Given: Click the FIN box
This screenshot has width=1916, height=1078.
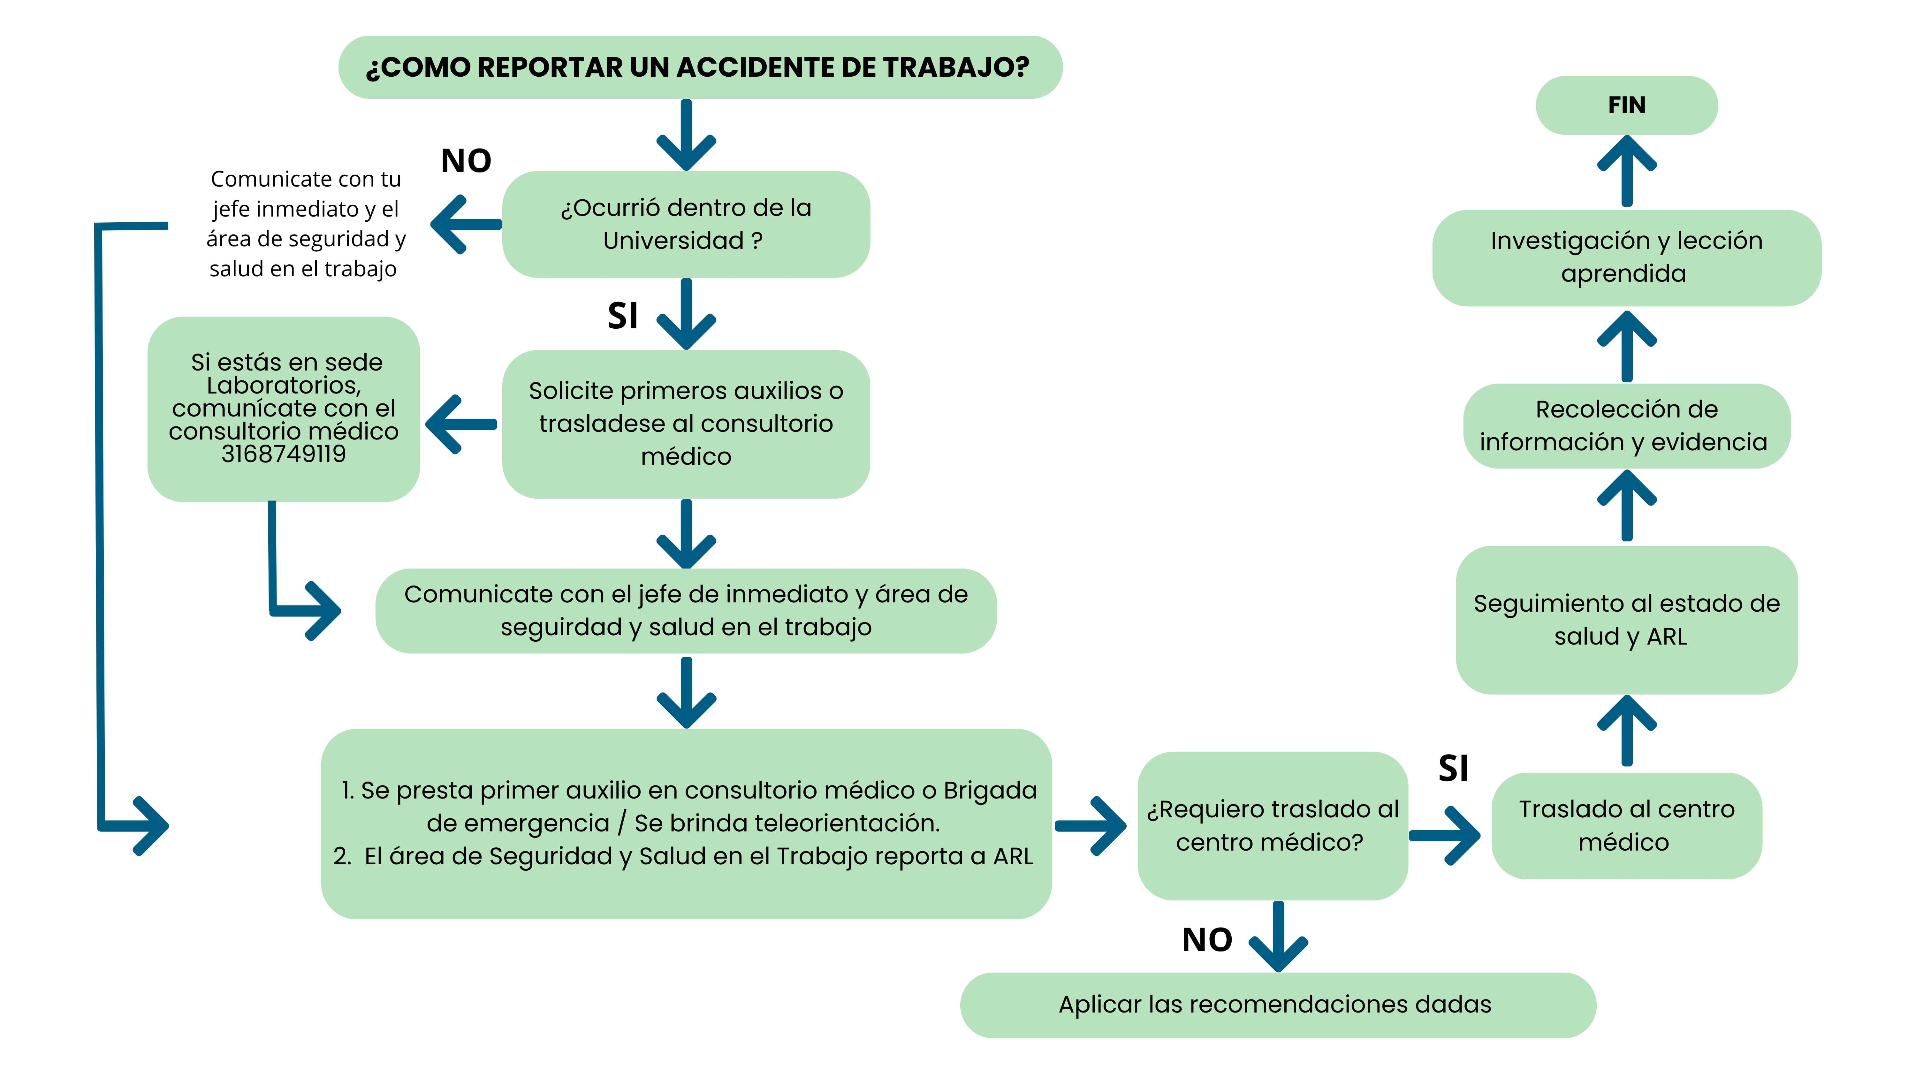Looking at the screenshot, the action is click(1627, 105).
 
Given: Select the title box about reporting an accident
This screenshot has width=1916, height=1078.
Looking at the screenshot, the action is click(700, 67).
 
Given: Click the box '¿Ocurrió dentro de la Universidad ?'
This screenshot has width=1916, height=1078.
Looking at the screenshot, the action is click(686, 224).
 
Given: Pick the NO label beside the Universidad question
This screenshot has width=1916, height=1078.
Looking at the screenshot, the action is click(466, 161).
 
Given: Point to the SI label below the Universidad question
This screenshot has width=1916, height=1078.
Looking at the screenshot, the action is click(623, 316).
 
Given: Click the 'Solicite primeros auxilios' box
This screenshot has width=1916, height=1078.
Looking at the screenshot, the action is click(686, 423).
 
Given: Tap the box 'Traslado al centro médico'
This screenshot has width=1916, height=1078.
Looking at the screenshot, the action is click(1627, 825).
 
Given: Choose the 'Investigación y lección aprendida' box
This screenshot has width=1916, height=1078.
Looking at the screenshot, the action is click(1627, 257).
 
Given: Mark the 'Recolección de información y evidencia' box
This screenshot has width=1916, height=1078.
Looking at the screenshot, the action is click(1627, 425).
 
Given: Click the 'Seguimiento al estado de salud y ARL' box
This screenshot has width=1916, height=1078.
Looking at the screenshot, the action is click(1627, 620).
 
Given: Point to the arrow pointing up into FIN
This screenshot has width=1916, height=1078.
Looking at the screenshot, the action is click(1627, 170).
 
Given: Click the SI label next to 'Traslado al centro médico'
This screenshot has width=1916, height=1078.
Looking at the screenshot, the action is click(1453, 768).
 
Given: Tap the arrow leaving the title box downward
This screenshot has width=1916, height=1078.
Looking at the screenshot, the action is click(686, 135).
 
